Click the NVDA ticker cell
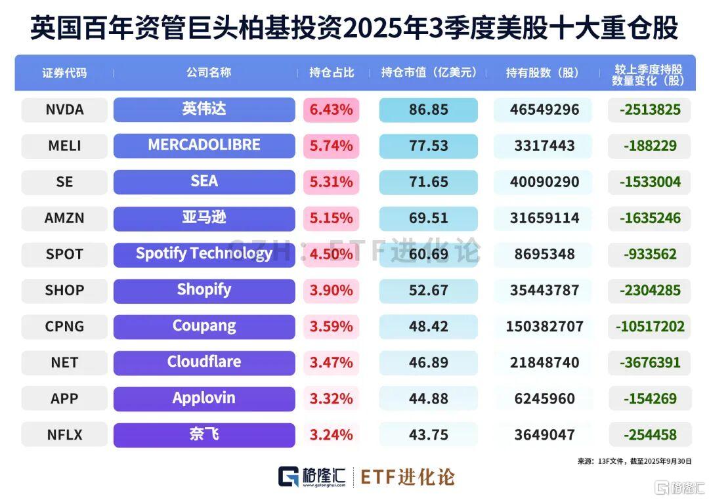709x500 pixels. (x=64, y=110)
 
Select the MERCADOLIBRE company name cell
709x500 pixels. (x=204, y=145)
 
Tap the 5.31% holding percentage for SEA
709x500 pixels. (x=332, y=182)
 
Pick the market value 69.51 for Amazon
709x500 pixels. (x=428, y=218)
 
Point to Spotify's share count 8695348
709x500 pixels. (x=544, y=254)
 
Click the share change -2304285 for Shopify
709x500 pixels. (x=649, y=290)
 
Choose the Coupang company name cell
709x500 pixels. (x=204, y=326)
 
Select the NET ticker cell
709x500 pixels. (x=64, y=362)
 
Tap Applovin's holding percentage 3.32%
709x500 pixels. (x=332, y=398)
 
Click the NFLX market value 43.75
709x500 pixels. (x=428, y=434)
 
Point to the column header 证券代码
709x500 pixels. (x=64, y=73)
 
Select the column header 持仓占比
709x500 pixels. (x=332, y=73)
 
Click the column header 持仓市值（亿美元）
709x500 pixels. (x=428, y=73)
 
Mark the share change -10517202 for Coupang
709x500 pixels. (x=649, y=326)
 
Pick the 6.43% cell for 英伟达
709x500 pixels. (x=332, y=110)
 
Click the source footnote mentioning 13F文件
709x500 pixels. (x=634, y=461)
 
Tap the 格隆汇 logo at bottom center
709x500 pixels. (x=312, y=477)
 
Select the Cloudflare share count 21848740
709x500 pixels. (x=544, y=362)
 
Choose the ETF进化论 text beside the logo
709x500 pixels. (x=407, y=477)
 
